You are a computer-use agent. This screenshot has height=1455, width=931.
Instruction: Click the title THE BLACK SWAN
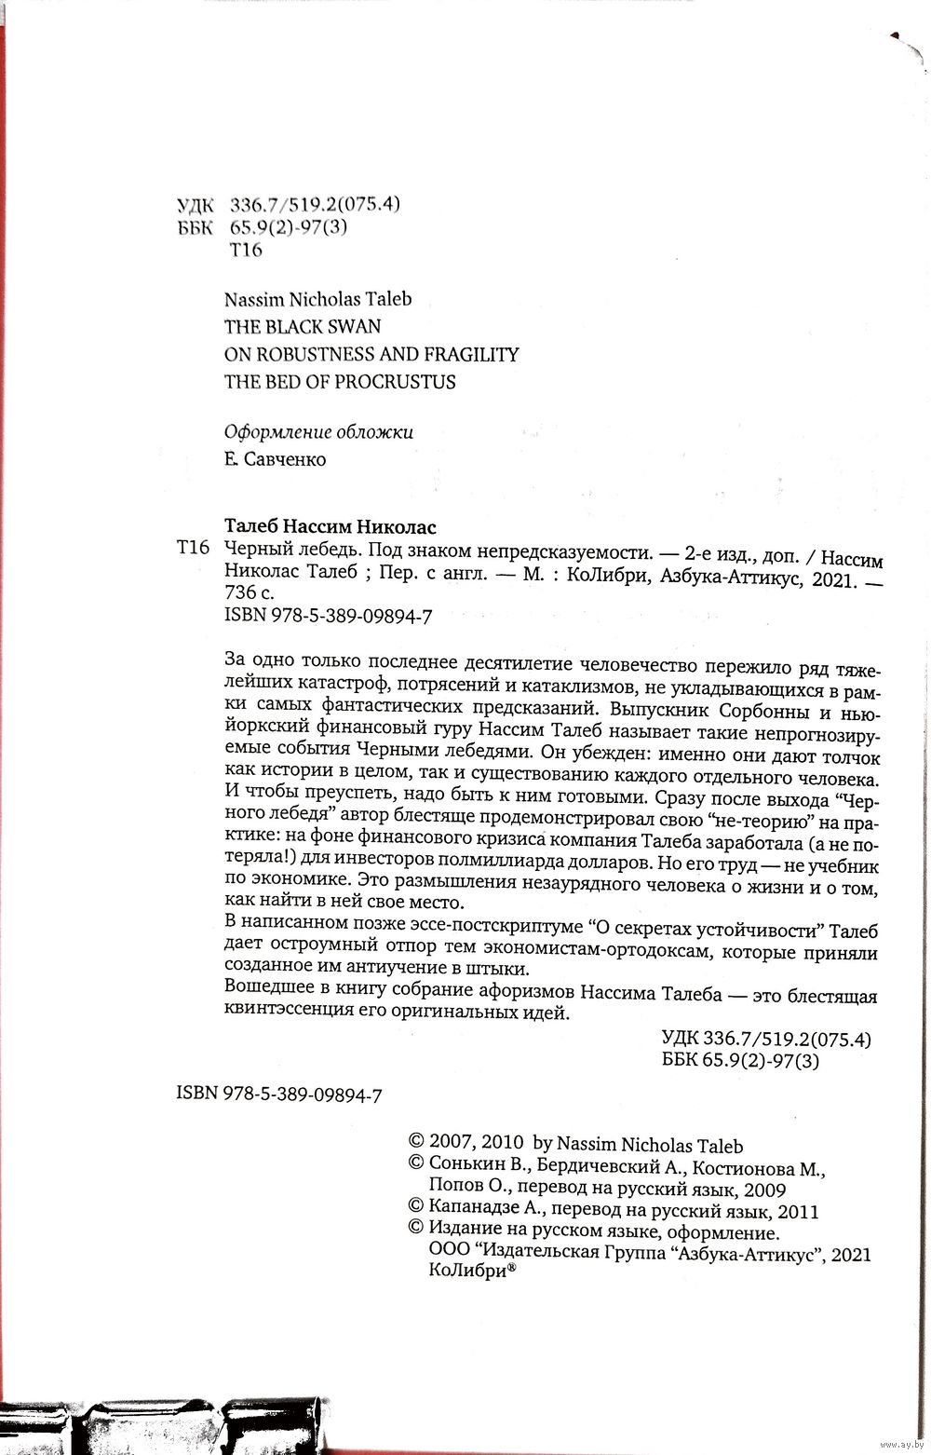(x=303, y=327)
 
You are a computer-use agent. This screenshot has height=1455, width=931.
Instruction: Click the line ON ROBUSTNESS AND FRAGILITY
(x=371, y=354)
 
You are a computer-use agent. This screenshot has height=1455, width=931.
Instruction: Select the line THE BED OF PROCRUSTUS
(x=340, y=382)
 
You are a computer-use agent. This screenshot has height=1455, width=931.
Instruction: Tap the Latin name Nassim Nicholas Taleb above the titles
(x=317, y=299)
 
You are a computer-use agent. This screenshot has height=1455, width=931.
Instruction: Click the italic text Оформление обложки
(x=318, y=432)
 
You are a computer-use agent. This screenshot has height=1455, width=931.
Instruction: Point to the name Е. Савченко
(x=276, y=460)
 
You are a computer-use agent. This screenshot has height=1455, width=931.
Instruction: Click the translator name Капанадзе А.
(x=480, y=1211)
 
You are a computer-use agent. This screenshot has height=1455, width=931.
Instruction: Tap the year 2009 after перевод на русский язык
(x=765, y=1190)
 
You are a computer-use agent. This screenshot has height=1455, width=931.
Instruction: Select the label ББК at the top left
(x=195, y=228)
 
